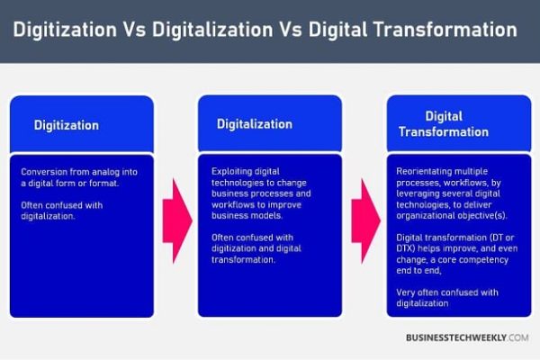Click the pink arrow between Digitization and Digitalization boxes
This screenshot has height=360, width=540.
[x=177, y=220]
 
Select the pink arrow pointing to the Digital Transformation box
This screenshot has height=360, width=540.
[x=365, y=220]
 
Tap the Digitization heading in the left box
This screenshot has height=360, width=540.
[x=67, y=125]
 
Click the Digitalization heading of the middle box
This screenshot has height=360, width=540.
[x=255, y=124]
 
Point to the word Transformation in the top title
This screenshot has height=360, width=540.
[x=445, y=30]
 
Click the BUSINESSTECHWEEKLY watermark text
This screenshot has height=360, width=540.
[x=456, y=337]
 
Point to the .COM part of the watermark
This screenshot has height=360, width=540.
[x=518, y=337]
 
